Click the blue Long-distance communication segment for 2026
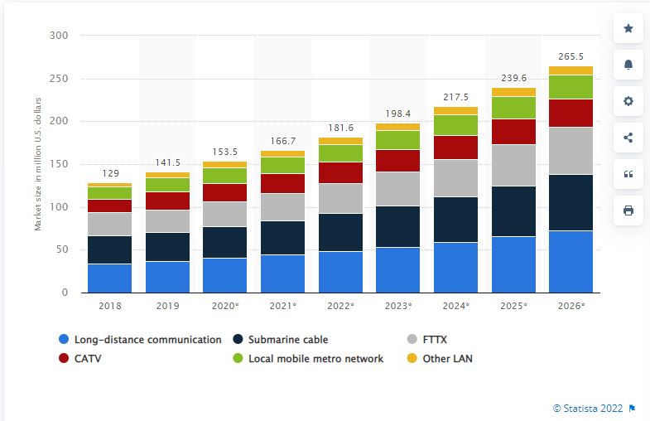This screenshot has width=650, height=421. pos(571,261)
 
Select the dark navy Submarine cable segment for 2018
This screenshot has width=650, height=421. pos(109,249)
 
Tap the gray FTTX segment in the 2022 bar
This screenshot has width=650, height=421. pos(340,198)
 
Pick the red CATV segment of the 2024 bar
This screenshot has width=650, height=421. pos(455,147)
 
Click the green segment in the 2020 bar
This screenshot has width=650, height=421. pos(224,175)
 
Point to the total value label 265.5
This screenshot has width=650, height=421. pos(571,57)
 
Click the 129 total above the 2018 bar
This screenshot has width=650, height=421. pos(109,174)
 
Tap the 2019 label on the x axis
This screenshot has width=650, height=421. pos(167,306)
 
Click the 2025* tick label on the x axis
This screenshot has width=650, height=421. pos(513,306)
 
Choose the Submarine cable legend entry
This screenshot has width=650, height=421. pos(286,339)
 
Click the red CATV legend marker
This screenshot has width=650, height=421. pos(64,359)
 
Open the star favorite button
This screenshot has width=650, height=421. pos(628,29)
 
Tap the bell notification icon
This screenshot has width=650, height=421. pos(628,65)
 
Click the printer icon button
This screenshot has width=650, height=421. pos(628,210)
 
